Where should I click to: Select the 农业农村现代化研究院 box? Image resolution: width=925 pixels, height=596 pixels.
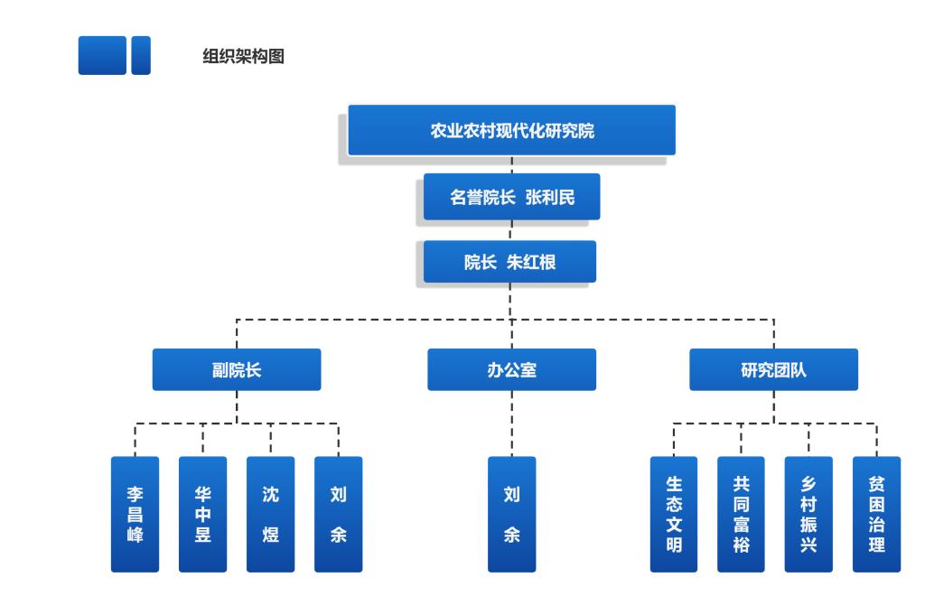511,130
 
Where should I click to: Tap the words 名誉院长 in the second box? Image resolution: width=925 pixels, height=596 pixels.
483,197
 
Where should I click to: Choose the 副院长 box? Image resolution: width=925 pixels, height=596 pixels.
236,369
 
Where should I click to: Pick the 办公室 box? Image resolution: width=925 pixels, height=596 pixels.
511,369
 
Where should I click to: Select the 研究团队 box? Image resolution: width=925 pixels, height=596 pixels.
773,369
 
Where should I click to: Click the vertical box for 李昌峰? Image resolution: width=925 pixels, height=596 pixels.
135,514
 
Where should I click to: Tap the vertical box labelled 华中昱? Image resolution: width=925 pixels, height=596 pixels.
202,514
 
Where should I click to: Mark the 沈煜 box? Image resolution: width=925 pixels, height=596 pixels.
270,514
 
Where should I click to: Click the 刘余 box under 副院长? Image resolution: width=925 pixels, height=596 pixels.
338,514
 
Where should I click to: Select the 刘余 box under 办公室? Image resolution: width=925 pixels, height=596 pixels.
511,514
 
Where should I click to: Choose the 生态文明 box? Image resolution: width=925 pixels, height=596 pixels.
674,514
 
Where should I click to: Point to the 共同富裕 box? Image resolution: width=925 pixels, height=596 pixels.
741,514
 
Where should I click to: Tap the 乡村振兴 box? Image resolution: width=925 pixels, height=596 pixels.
808,514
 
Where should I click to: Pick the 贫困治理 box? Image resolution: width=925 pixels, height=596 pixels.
876,514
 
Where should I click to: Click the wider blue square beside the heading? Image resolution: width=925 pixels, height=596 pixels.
102,55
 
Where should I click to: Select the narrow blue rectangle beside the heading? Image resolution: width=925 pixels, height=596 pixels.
141,55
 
